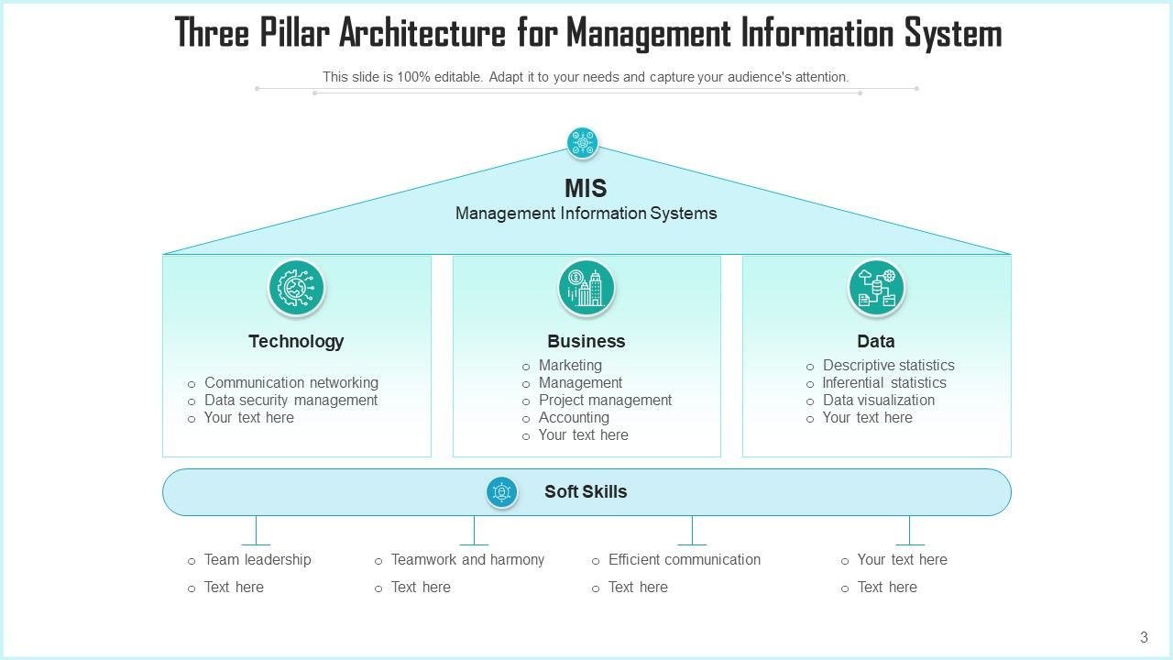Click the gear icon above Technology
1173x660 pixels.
click(x=296, y=288)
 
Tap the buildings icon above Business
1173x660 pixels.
click(x=586, y=288)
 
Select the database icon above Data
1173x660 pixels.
click(x=876, y=288)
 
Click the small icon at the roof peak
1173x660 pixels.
click(x=582, y=143)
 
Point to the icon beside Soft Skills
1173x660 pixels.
click(x=501, y=492)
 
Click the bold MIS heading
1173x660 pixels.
click(x=586, y=189)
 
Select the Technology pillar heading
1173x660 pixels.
click(x=296, y=341)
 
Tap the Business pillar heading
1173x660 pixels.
click(x=586, y=341)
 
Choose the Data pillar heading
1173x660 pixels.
click(x=876, y=341)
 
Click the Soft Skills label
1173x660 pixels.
click(x=586, y=492)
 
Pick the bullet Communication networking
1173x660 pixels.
click(x=291, y=383)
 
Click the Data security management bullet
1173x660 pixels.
click(x=291, y=401)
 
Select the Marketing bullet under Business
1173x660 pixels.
click(x=570, y=366)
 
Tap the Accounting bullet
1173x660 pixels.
click(x=574, y=418)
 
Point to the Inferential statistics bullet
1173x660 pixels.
click(x=884, y=383)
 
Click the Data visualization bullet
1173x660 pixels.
click(x=879, y=401)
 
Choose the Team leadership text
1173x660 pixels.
click(x=258, y=560)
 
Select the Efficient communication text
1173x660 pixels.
click(x=685, y=560)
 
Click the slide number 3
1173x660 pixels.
click(x=1144, y=637)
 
